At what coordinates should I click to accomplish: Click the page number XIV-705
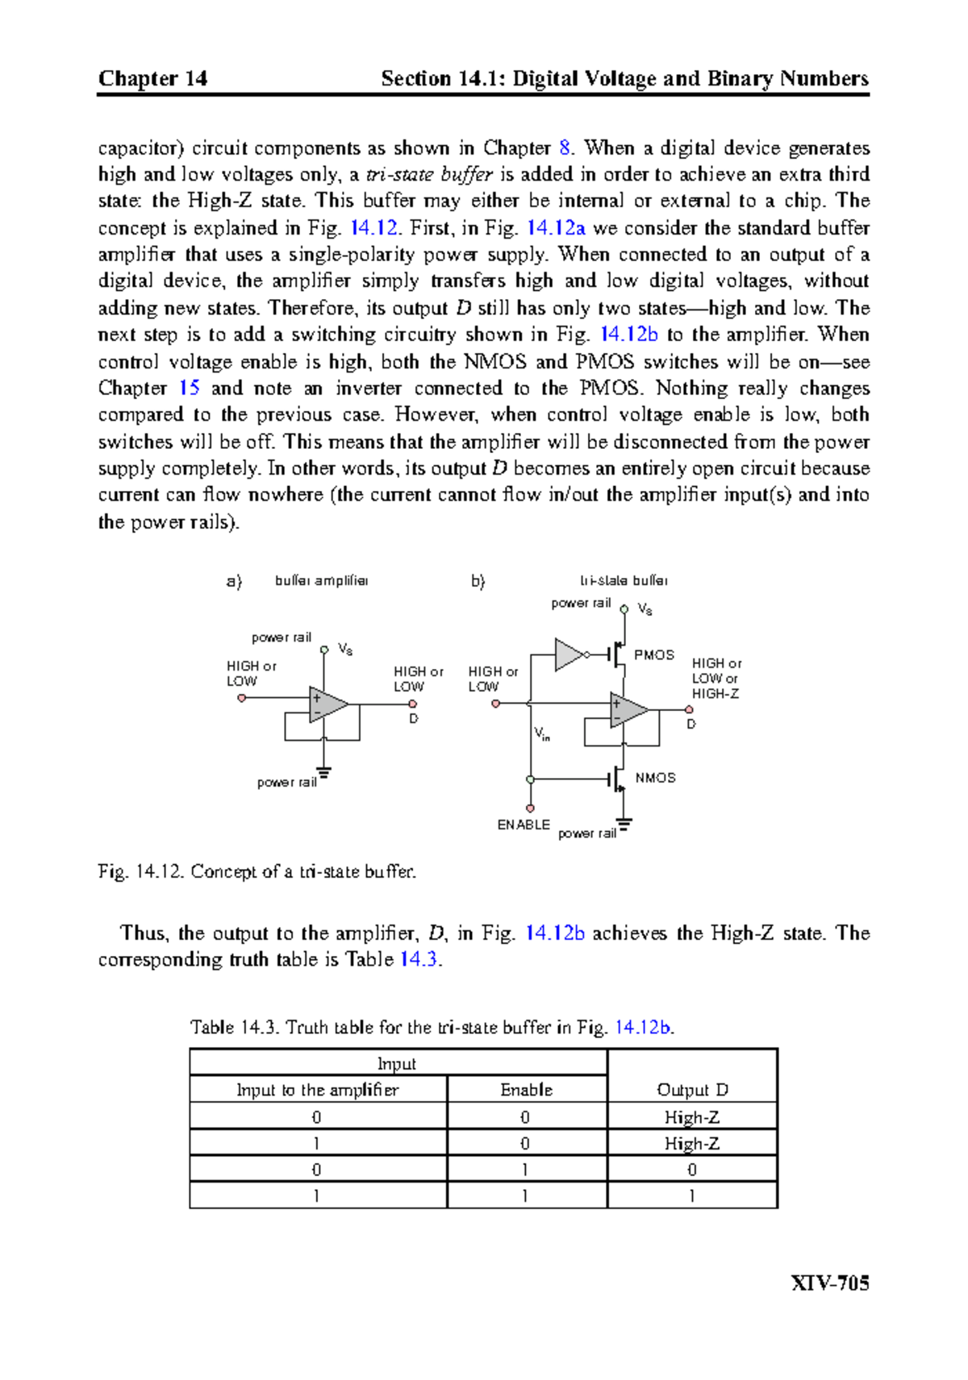coord(829,1282)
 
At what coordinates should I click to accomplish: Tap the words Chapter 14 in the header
coord(152,78)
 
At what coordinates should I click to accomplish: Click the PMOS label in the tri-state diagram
coord(653,655)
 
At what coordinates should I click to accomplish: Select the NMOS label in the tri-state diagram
coord(655,778)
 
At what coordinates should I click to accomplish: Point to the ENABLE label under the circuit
coord(524,825)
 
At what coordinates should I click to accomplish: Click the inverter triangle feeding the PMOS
coord(569,655)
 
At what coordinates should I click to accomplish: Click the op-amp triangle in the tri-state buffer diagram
coord(628,710)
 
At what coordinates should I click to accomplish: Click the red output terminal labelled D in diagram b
coord(689,710)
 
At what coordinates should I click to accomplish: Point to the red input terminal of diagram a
coord(241,698)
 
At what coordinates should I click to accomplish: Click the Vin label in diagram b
coord(541,734)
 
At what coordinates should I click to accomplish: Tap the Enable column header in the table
coord(526,1090)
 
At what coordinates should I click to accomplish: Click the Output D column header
coord(692,1090)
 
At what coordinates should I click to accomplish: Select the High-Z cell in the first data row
coord(692,1117)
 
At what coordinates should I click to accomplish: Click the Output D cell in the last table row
coord(692,1196)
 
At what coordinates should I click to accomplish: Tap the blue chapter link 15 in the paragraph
coord(189,388)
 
